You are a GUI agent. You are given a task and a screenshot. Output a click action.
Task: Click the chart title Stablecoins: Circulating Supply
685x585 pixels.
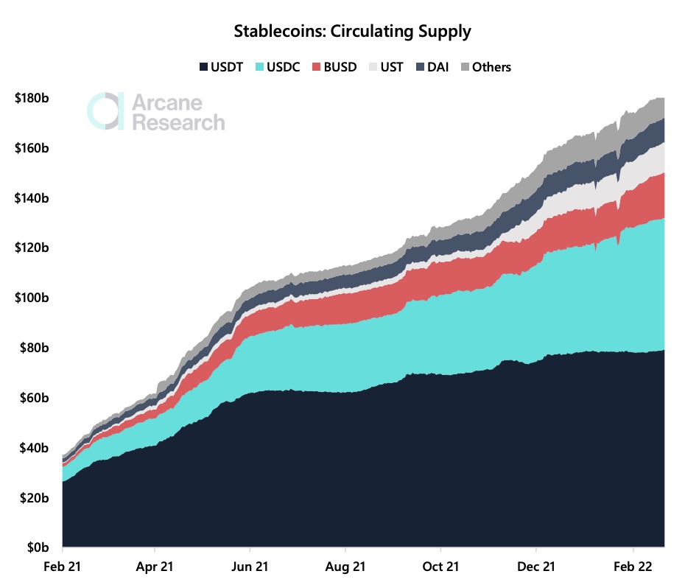point(352,32)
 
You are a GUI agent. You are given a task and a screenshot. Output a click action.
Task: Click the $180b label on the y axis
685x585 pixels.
point(31,98)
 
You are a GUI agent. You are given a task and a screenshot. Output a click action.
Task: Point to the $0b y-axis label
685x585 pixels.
point(36,548)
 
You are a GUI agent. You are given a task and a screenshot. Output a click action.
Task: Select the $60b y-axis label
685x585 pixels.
point(33,399)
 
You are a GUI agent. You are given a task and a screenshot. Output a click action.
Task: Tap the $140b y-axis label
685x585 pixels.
point(31,198)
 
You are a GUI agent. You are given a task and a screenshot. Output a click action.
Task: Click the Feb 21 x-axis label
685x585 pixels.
point(63,567)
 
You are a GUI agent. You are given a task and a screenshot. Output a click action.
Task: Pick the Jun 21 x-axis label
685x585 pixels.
point(250,567)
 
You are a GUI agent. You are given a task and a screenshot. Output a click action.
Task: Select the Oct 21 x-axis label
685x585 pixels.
point(440,567)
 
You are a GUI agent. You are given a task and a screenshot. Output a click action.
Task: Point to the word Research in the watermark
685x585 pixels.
point(178,122)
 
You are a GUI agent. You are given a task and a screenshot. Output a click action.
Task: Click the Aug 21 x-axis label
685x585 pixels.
point(345,567)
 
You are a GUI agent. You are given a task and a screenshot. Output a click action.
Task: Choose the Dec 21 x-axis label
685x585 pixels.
point(536,567)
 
